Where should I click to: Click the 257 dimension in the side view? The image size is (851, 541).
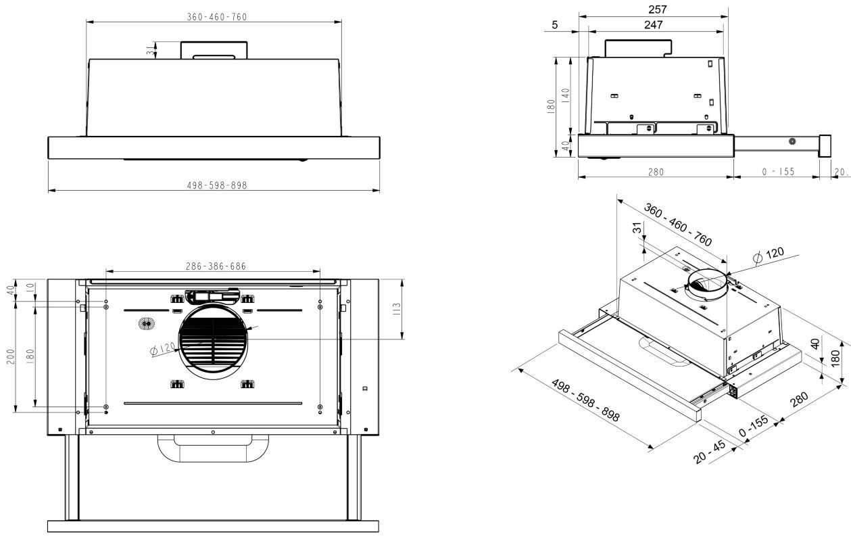(657, 9)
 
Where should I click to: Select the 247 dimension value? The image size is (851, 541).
(653, 25)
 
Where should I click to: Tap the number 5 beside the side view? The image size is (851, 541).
(555, 25)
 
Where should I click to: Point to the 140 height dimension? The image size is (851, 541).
(565, 95)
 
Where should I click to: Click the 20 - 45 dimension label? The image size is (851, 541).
(710, 452)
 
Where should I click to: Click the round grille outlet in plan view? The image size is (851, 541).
(212, 342)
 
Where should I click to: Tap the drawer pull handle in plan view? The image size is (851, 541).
(213, 448)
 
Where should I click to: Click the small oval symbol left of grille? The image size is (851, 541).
(144, 324)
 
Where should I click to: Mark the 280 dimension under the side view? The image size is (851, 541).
(655, 172)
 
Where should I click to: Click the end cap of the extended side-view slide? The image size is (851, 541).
(825, 145)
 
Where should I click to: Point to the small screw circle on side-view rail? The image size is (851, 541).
(792, 141)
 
